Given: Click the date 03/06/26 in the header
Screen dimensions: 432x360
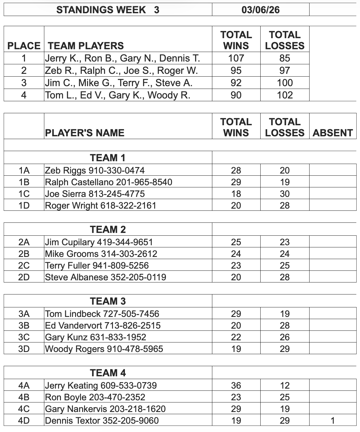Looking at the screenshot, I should (x=261, y=10).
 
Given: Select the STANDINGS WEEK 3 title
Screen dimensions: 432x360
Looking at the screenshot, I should (x=108, y=10).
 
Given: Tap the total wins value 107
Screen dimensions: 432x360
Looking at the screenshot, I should (x=236, y=58).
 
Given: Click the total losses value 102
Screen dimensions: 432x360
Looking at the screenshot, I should (x=285, y=95).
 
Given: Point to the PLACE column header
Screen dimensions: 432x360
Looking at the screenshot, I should (x=24, y=46).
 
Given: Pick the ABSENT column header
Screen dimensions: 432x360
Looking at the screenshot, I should (x=333, y=133).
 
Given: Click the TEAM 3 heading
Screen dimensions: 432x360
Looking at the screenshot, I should (x=108, y=301).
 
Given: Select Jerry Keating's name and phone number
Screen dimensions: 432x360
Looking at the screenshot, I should (x=101, y=386).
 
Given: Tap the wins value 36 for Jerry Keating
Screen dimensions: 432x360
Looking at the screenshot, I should (x=236, y=386).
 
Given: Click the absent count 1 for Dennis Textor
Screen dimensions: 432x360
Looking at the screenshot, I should (x=333, y=421).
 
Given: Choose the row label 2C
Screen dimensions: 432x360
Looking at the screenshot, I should (x=24, y=266).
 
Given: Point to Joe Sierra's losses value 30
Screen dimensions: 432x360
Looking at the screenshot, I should (x=285, y=194).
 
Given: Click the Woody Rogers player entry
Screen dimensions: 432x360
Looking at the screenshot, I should (x=104, y=349).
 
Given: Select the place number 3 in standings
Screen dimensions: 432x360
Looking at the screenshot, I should (x=24, y=83).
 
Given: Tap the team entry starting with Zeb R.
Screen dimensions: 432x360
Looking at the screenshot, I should (x=121, y=70).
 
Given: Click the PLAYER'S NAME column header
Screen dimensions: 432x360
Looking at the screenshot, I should (x=85, y=133).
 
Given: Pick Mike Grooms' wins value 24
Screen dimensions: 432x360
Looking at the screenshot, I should (x=236, y=254).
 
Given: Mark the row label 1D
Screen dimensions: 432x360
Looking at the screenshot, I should (x=24, y=206).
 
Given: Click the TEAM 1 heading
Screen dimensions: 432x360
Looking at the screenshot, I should (x=108, y=158).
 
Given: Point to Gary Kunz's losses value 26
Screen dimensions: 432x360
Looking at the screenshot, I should (x=285, y=337).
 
